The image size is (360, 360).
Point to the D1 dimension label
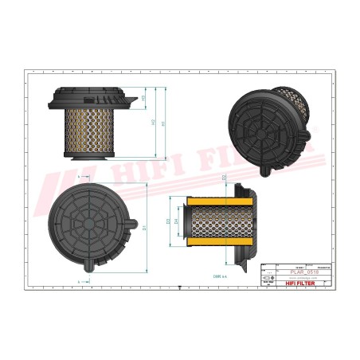145,227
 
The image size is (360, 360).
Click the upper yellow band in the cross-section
209,198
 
